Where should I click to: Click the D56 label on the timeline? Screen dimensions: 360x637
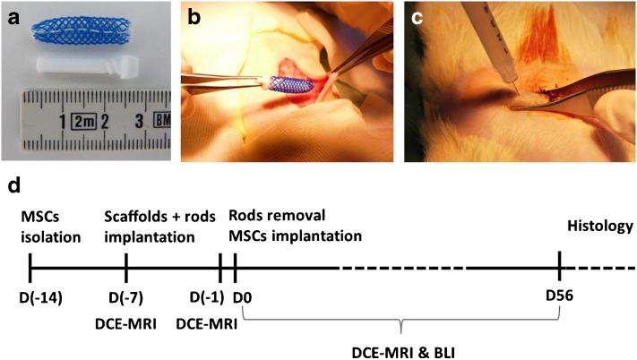559,295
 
